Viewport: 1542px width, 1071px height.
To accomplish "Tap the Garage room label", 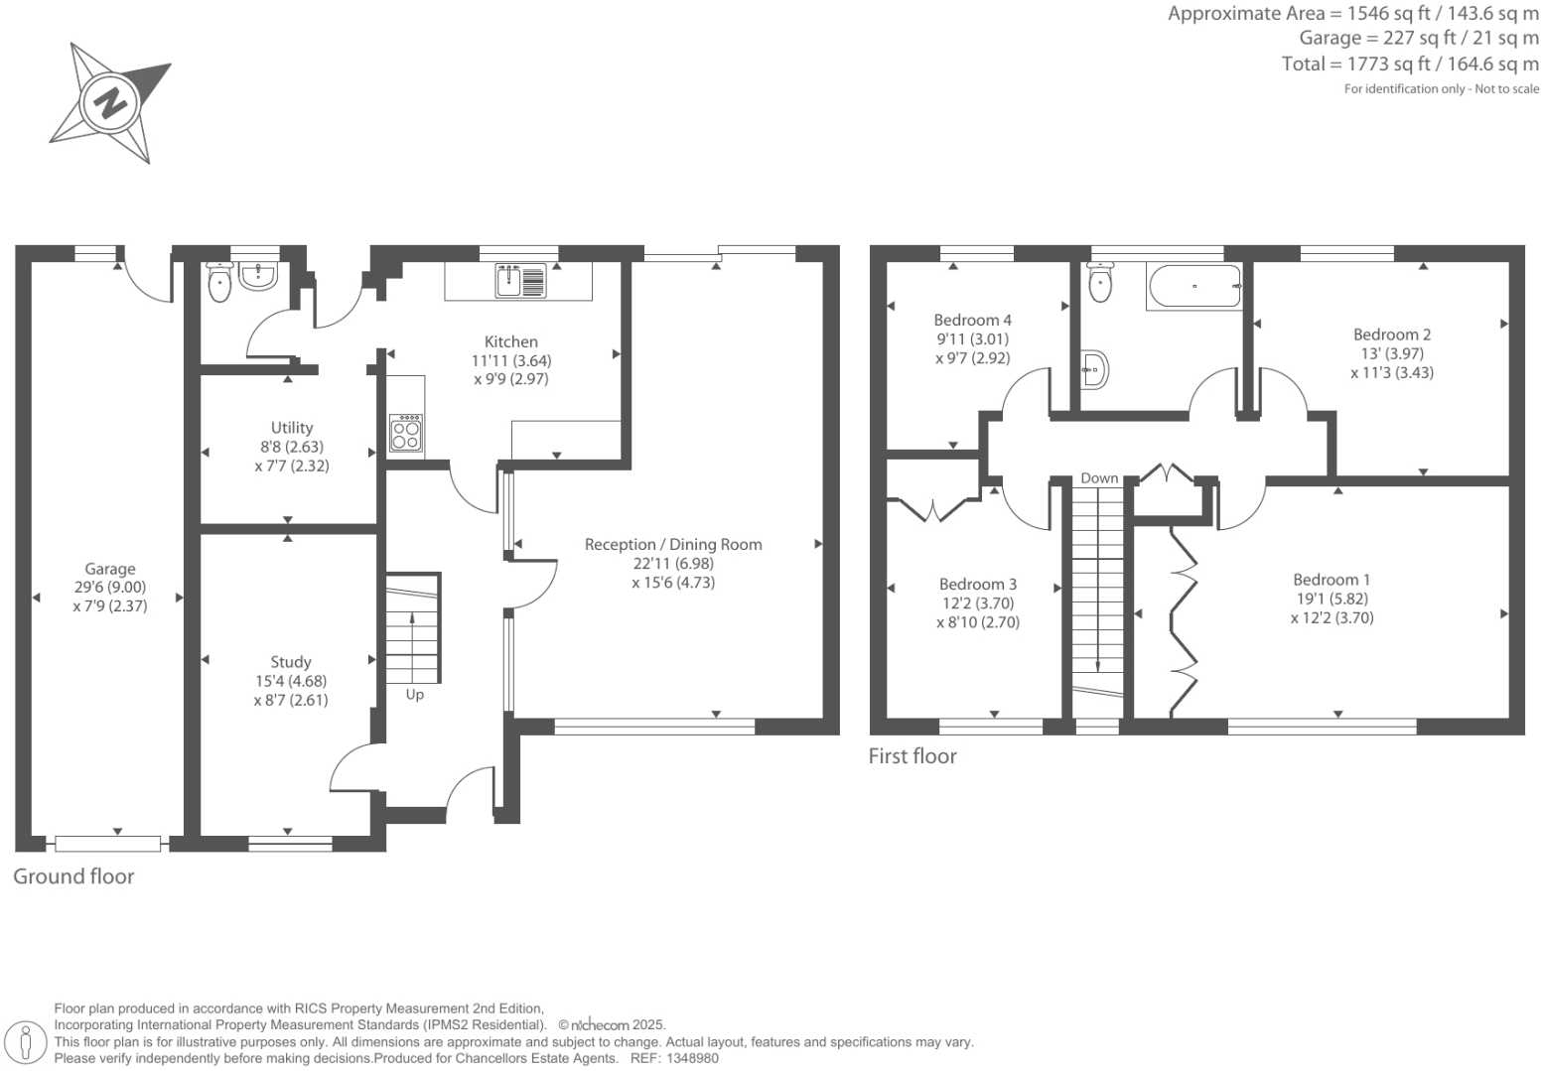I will [109, 569].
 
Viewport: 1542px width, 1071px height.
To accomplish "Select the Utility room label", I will [292, 428].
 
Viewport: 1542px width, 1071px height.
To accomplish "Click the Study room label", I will [291, 662].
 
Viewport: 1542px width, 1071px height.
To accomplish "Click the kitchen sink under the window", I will [521, 280].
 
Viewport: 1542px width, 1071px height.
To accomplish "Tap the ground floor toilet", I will [218, 282].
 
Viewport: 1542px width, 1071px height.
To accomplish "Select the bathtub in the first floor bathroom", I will [1193, 287].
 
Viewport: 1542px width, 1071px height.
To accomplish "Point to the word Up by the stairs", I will [415, 695].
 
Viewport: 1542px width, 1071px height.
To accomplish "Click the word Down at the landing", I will [1099, 478].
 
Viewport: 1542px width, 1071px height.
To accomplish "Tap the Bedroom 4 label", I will [972, 320].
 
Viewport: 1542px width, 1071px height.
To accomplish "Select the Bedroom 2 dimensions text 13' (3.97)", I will [1392, 353].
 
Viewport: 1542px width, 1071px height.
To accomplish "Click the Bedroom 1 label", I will [1332, 580].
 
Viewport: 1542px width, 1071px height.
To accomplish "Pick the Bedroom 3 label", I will [977, 584].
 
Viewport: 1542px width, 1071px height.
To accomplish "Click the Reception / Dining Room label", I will [673, 544].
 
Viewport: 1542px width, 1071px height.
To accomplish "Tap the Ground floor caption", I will [73, 876].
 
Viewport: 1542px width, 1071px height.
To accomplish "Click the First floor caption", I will [912, 756].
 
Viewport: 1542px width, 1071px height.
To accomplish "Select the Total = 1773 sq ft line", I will [1410, 65].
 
